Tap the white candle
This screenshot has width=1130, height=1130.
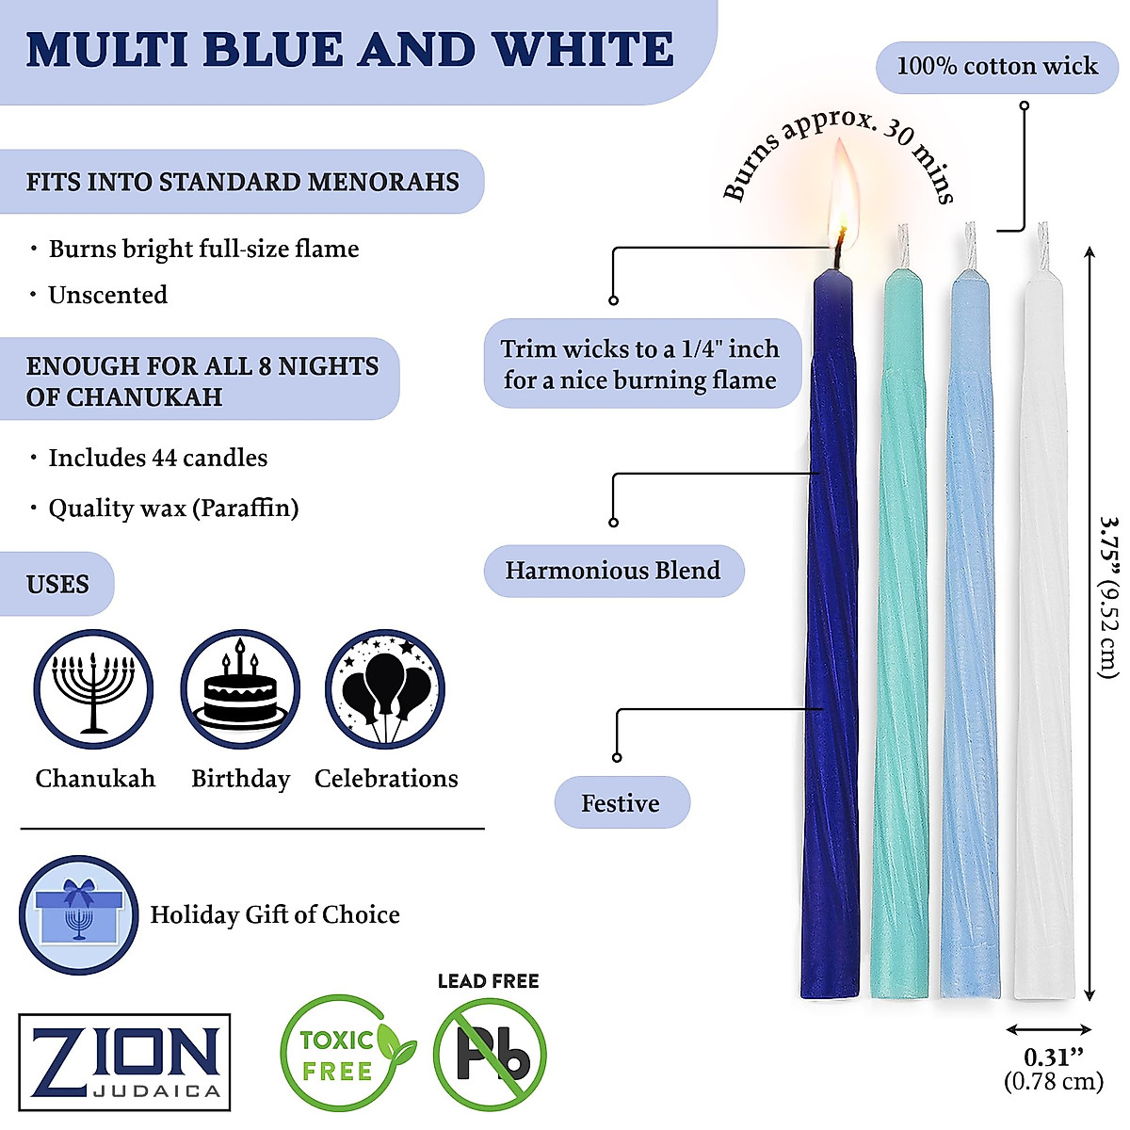pos(1038,640)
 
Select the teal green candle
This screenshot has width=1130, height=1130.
pos(901,640)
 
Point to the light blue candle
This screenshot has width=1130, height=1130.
pos(970,640)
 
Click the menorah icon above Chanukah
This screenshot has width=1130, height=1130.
pos(93,689)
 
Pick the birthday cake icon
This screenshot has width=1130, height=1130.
pos(240,689)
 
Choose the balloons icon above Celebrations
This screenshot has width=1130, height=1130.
pos(385,689)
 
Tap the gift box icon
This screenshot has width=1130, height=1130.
pos(79,914)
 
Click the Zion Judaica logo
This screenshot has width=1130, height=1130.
pos(124,1061)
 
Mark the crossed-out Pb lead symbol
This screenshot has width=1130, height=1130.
pos(490,1055)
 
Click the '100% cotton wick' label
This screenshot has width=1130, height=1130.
pos(996,66)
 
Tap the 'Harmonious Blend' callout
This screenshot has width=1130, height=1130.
pos(613,571)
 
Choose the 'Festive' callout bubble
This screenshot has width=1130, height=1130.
pos(621,803)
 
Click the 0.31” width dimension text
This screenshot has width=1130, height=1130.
pos(1048,1057)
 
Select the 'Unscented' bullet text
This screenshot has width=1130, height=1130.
pos(108,295)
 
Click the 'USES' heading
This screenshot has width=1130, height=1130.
pos(58,584)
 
